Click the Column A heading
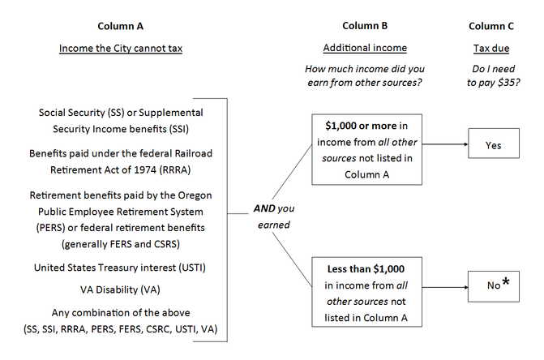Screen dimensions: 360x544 point(121,25)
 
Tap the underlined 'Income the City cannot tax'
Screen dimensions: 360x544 point(121,49)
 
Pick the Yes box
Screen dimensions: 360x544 point(494,145)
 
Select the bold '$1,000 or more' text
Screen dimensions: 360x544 point(362,126)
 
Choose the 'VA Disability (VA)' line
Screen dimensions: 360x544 point(121,287)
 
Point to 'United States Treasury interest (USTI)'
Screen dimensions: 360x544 point(121,267)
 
